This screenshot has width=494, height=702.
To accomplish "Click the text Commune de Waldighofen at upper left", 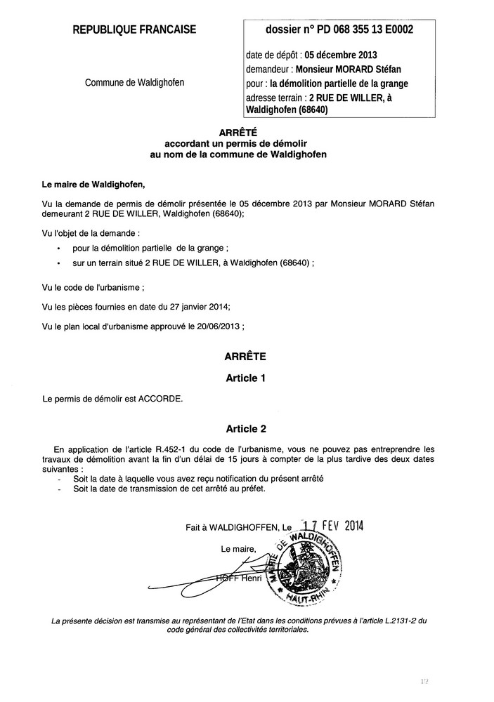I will tap(135, 83).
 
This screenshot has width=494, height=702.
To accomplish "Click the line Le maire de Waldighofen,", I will tap(93, 185).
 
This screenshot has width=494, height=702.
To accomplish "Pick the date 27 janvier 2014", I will tap(196, 307).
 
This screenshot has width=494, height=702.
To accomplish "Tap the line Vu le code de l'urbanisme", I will tap(94, 288).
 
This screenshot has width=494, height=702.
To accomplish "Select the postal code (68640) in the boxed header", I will tap(308, 110).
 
